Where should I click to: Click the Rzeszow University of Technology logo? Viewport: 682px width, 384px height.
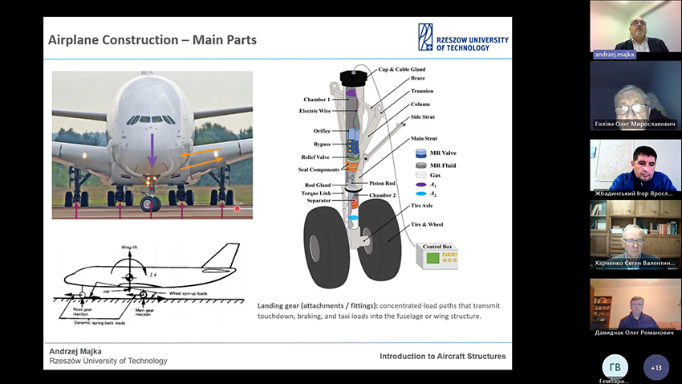coord(462,38)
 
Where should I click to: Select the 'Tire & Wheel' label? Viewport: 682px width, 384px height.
coord(427,224)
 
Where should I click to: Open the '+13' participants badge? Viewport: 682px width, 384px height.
coord(656,367)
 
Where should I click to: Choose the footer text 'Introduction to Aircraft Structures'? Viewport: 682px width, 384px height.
coord(443,356)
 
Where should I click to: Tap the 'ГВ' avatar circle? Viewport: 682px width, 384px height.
coord(615,366)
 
